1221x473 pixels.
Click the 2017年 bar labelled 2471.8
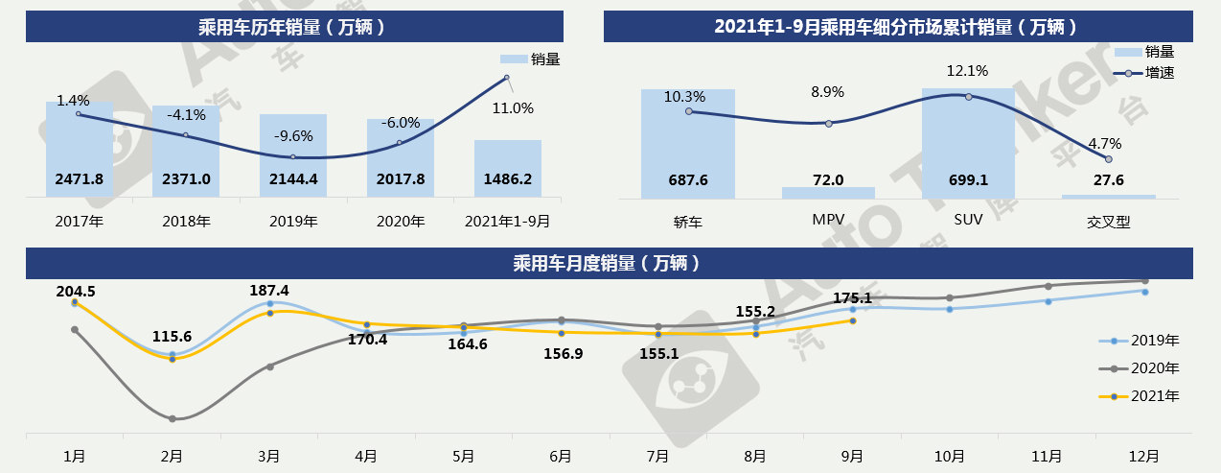coord(80,149)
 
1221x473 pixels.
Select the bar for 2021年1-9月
coord(507,168)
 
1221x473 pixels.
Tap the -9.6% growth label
coord(293,135)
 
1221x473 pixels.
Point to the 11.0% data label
coord(513,108)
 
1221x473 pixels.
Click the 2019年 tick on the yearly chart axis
coord(293,221)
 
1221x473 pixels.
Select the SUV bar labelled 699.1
coord(968,144)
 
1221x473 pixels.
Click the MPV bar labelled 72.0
coord(828,192)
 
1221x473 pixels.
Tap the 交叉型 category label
coord(1108,222)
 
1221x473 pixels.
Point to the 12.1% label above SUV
coord(967,71)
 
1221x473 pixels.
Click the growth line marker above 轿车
coord(688,111)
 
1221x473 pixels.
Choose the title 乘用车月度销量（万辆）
coord(610,262)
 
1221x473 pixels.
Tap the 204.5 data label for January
coord(76,291)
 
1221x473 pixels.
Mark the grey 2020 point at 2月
coord(173,418)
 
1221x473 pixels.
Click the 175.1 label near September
coord(852,298)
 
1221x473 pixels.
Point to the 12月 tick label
coord(1145,456)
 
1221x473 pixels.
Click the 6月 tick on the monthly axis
coord(561,456)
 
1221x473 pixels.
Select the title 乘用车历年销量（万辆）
coord(292,27)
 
